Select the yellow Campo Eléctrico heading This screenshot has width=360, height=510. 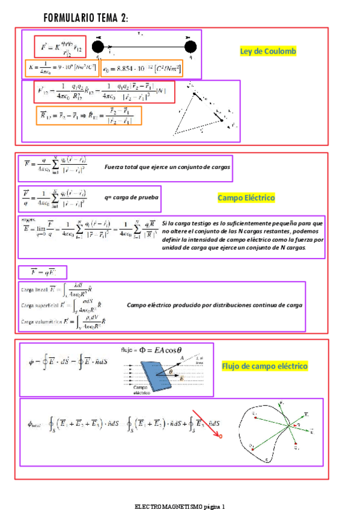[x=246, y=198]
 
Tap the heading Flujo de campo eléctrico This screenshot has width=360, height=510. [x=264, y=366]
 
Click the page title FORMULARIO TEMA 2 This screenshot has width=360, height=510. [x=85, y=19]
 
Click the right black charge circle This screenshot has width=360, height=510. [x=191, y=47]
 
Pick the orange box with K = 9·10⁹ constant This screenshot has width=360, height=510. [x=62, y=68]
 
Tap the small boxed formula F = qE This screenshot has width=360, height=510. [x=42, y=272]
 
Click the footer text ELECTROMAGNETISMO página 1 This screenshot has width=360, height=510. [x=180, y=506]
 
